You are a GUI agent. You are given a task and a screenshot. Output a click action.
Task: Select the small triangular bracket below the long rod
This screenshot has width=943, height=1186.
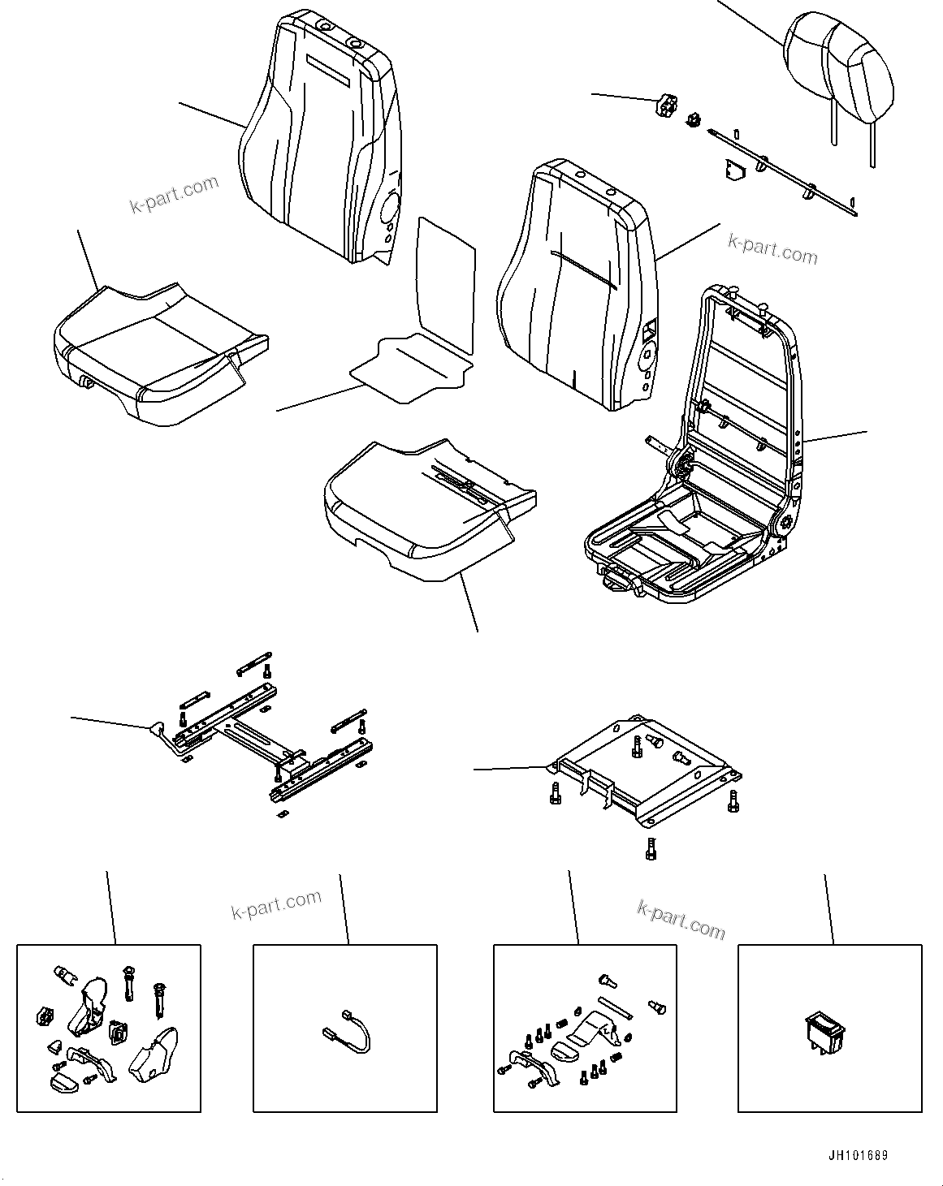coord(734,170)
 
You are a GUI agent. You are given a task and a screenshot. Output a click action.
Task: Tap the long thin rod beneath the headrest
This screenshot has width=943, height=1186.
coord(780,170)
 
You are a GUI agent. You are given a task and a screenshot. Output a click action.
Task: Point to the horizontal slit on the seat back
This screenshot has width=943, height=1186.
coord(582,267)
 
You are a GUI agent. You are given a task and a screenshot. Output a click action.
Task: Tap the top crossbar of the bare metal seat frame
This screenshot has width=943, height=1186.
coord(747,300)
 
